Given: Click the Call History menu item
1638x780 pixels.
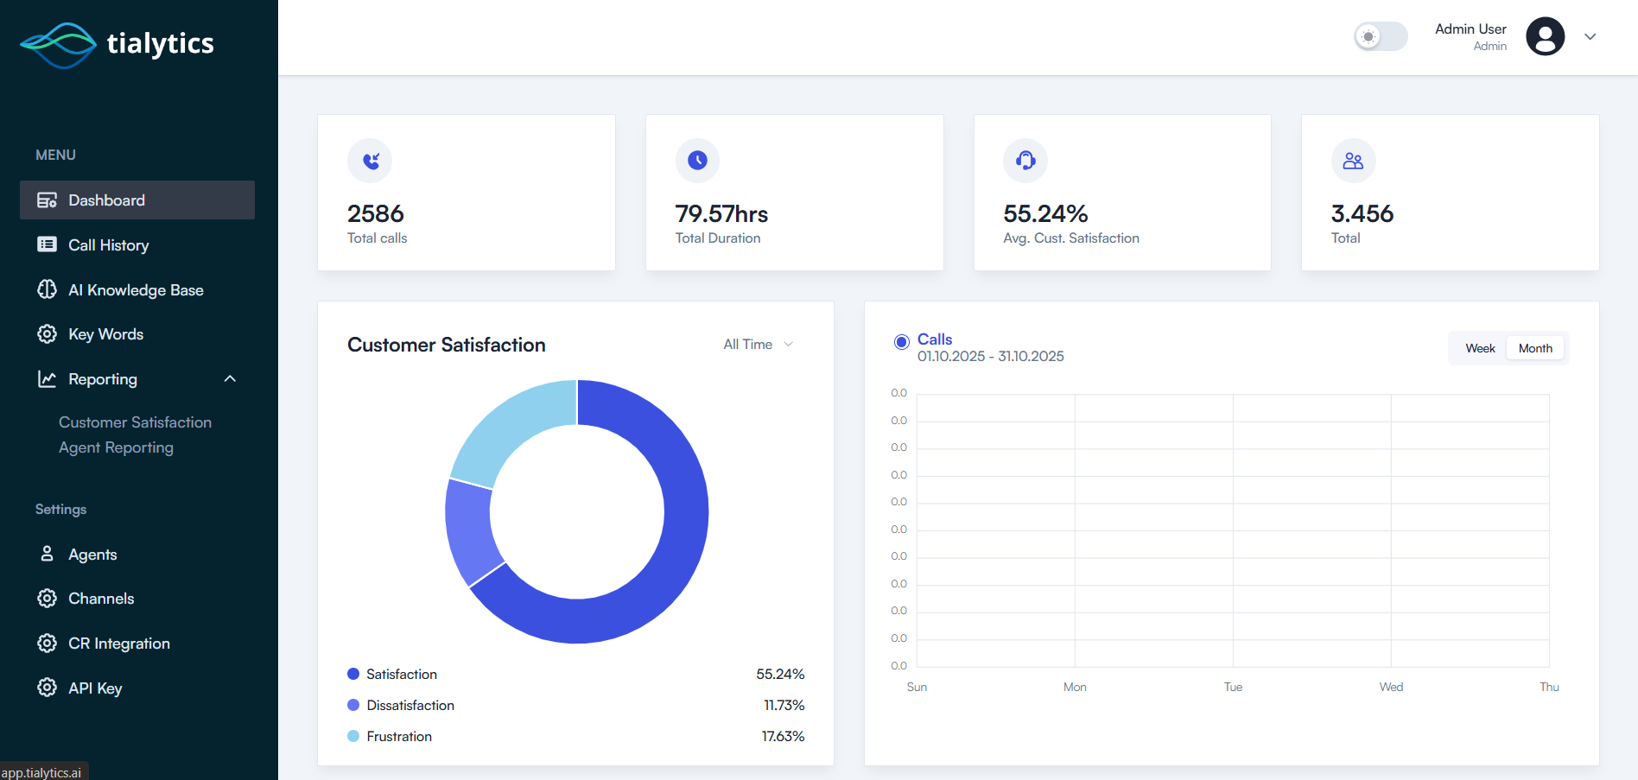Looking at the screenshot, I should click(x=108, y=245).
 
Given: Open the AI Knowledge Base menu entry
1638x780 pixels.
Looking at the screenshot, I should click(x=136, y=290).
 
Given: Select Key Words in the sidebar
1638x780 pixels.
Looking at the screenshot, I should click(x=105, y=334).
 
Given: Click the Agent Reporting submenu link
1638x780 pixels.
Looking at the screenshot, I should click(x=116, y=447).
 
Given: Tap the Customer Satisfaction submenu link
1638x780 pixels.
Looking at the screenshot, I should click(x=135, y=422).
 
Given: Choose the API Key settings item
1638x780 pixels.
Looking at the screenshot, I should click(x=95, y=688).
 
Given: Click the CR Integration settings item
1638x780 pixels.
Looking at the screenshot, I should click(x=118, y=644).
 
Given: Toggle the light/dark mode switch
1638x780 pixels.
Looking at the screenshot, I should click(x=1380, y=36).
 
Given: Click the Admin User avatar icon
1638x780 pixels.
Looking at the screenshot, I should click(x=1545, y=36).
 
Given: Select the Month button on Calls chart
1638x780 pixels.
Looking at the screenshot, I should click(x=1535, y=348).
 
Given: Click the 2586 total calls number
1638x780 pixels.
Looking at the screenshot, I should click(x=375, y=213).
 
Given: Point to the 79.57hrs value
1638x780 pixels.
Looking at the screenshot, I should click(x=721, y=213).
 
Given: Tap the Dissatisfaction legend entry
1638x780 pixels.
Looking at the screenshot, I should click(x=409, y=706).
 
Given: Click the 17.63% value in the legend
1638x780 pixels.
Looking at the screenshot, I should click(x=783, y=737).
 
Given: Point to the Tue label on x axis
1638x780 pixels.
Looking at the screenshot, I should click(x=1233, y=688).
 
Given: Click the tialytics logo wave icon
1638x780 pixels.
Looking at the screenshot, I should click(x=58, y=45).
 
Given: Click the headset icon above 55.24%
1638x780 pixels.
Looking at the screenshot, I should click(x=1025, y=161).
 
